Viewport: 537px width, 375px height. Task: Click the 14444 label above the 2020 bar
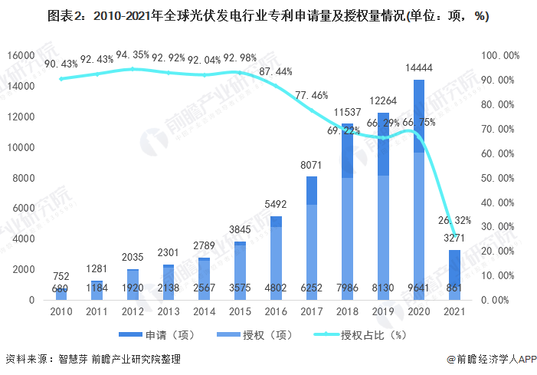pos(419,68)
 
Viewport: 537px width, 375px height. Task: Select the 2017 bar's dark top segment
pos(312,190)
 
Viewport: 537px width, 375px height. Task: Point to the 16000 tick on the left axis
pos(21,55)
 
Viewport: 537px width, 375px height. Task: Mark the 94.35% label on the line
pos(133,56)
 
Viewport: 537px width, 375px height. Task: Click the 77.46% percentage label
pos(311,95)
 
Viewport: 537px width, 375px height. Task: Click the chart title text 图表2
pos(63,15)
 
